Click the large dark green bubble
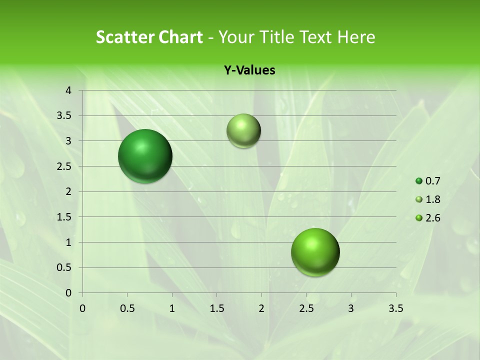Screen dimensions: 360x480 pyautogui.click(x=145, y=156)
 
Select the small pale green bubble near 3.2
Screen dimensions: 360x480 pyautogui.click(x=243, y=131)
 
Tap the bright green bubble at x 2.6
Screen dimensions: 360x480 pyautogui.click(x=315, y=252)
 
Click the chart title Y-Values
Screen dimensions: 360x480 pyautogui.click(x=249, y=70)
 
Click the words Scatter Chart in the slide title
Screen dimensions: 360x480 pyautogui.click(x=149, y=37)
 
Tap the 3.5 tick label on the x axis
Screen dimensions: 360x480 pyautogui.click(x=395, y=308)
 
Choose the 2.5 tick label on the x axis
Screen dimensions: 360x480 pyautogui.click(x=306, y=308)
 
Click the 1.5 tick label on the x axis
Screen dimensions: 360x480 pyautogui.click(x=216, y=308)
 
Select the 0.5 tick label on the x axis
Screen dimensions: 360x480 pyautogui.click(x=127, y=308)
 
